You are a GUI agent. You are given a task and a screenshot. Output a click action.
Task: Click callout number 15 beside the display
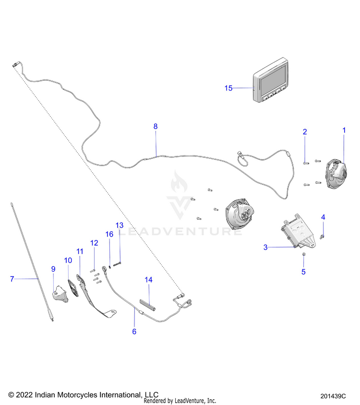point(228,88)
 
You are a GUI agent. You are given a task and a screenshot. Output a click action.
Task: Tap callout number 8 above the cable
point(155,126)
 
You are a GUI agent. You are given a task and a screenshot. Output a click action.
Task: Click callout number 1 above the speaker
point(344,130)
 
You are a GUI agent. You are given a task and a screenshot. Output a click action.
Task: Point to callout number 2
point(304,131)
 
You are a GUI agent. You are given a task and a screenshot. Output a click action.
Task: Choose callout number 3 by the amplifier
point(265,247)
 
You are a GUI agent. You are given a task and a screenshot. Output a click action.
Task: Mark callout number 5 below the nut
point(303,272)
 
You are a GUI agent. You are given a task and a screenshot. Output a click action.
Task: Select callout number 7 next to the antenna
point(12,278)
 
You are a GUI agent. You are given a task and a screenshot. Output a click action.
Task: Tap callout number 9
point(53,269)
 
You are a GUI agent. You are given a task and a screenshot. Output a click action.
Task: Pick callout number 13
point(120,225)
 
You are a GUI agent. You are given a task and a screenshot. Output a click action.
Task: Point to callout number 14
point(148,279)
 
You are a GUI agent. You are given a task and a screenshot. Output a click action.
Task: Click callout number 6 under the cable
point(134,331)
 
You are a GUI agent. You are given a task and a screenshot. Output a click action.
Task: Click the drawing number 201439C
point(333,396)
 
